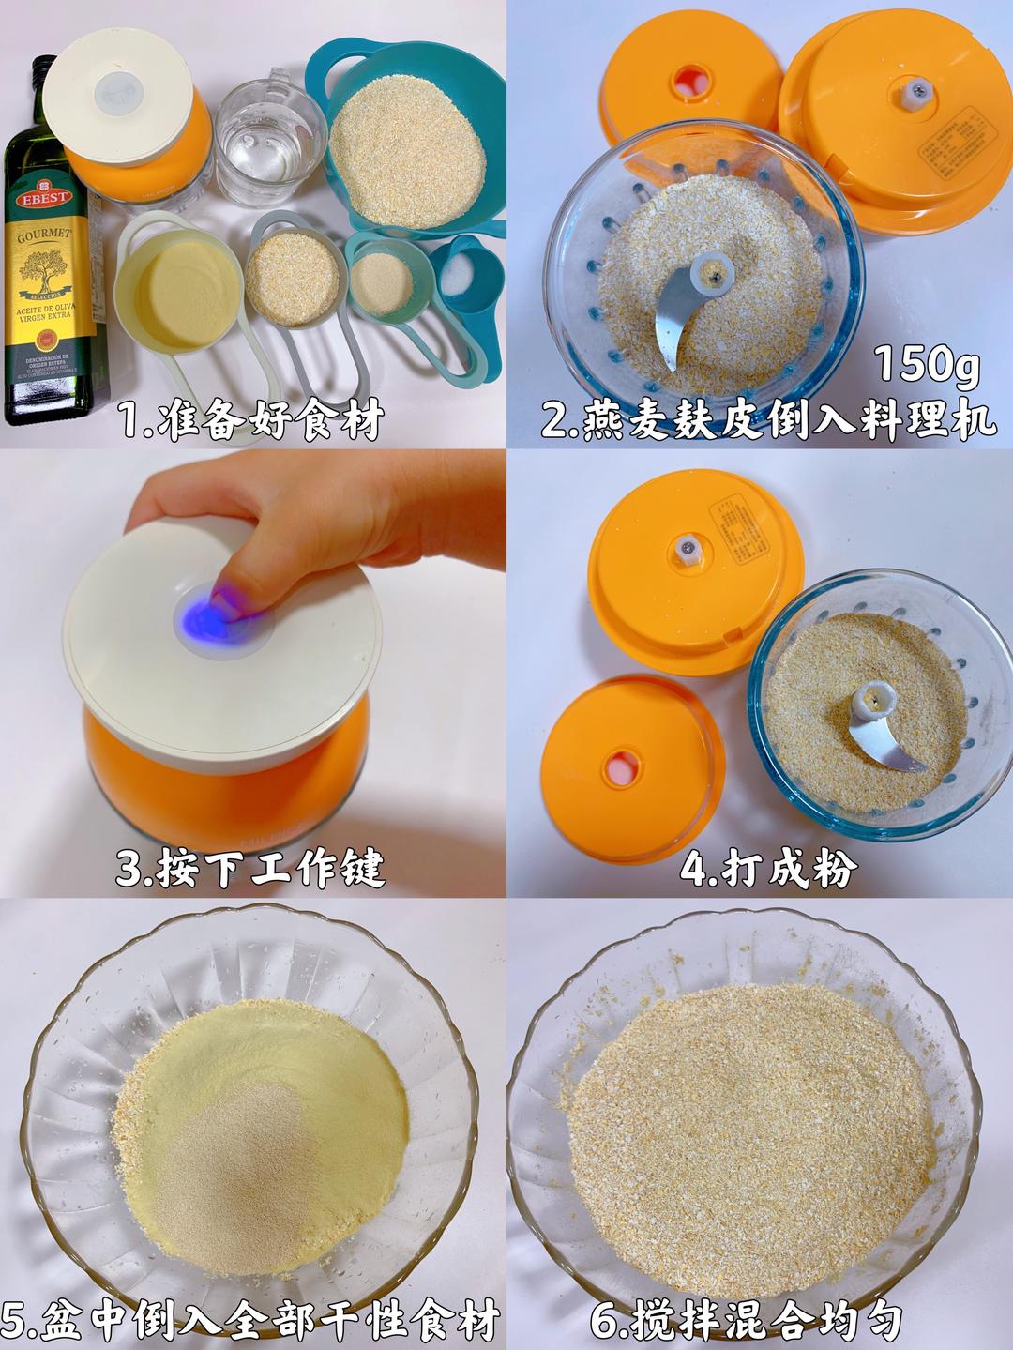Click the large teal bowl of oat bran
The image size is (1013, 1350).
tap(407, 150)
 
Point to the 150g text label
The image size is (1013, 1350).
tap(927, 364)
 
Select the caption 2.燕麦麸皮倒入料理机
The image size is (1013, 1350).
tap(767, 421)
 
